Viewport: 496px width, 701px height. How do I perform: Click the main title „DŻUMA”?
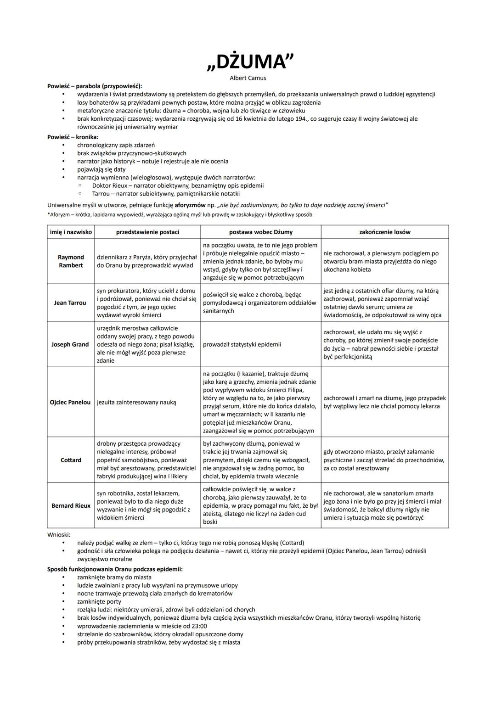(250, 62)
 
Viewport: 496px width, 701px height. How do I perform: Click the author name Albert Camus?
(248, 78)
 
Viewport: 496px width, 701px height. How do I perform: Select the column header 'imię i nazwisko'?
(71, 232)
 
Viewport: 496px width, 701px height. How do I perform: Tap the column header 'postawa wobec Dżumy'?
(260, 232)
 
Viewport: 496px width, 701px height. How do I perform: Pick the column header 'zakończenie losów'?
(384, 232)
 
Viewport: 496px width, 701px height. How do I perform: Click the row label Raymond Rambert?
(71, 261)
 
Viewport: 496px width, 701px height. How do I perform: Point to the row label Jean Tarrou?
(70, 303)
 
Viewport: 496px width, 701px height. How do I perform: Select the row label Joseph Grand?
(70, 344)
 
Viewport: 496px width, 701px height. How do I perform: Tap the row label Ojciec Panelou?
(70, 402)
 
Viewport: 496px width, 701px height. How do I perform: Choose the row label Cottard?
(71, 460)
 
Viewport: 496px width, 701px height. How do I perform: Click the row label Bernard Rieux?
(71, 505)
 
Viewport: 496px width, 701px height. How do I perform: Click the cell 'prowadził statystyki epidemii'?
(242, 344)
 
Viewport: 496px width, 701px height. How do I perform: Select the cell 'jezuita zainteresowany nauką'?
(136, 402)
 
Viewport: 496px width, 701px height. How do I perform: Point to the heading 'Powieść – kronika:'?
(73, 137)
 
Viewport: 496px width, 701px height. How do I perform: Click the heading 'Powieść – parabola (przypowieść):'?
(95, 86)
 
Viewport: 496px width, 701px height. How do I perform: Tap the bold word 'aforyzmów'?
(190, 205)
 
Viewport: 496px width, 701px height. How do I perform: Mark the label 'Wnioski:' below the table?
(59, 535)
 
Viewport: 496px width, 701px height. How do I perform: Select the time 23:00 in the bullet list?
(199, 626)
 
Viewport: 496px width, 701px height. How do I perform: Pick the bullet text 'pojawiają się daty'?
(101, 169)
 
